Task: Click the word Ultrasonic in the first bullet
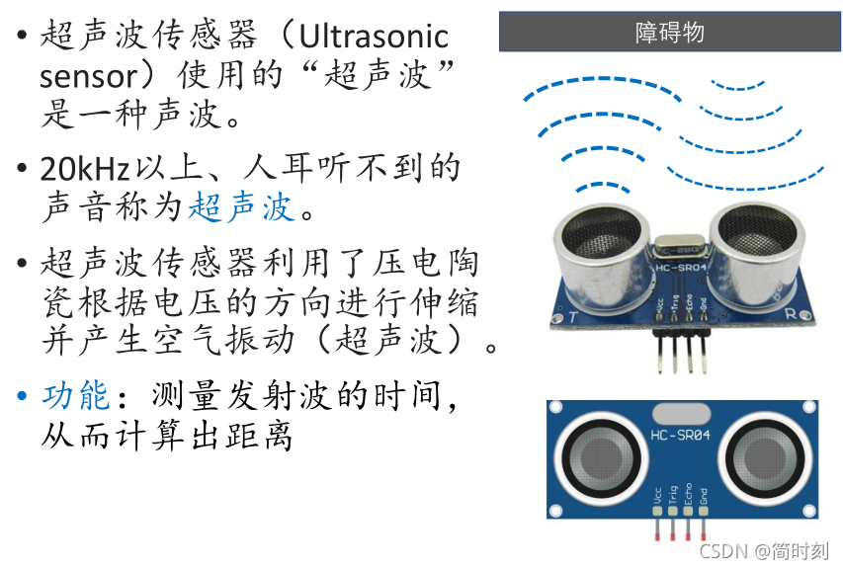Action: [x=375, y=38]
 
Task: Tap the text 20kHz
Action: [x=84, y=169]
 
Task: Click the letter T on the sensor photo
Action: [x=573, y=316]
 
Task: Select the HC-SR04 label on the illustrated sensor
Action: [x=681, y=435]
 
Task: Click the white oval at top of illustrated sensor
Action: [x=681, y=412]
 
